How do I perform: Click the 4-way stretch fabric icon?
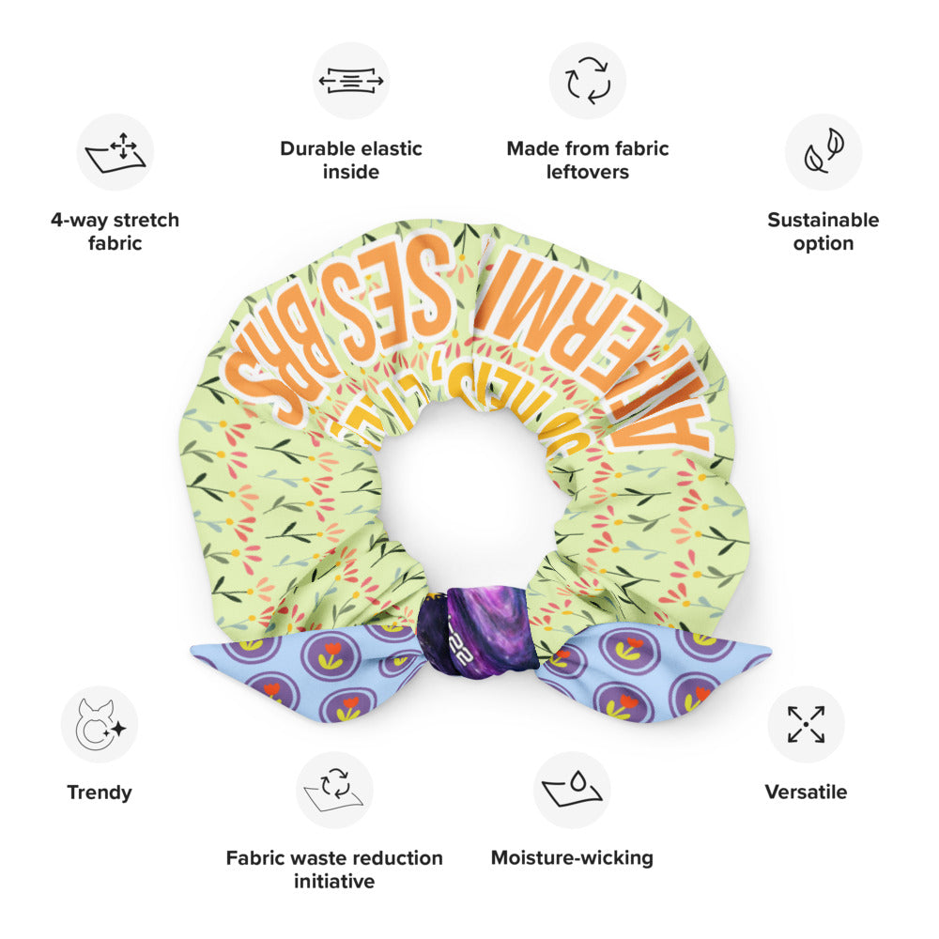coord(115,152)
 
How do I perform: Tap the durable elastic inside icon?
coord(351,81)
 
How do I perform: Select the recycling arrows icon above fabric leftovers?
coord(588,81)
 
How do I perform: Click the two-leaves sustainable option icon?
coord(824,152)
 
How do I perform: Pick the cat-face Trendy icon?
coord(100,724)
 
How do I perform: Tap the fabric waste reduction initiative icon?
coord(334,790)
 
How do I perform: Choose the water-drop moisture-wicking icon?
coord(572,790)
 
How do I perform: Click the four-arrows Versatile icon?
coord(806,724)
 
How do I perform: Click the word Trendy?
coord(100,792)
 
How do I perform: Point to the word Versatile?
coord(806,792)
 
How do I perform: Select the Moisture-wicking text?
coord(572,857)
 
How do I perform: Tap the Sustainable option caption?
coord(824,232)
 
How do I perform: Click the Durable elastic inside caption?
coord(351,160)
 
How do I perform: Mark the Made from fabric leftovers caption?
coord(588,160)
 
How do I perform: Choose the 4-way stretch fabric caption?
coord(115,232)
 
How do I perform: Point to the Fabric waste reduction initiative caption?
coord(334,869)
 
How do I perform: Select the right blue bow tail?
coord(657,671)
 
